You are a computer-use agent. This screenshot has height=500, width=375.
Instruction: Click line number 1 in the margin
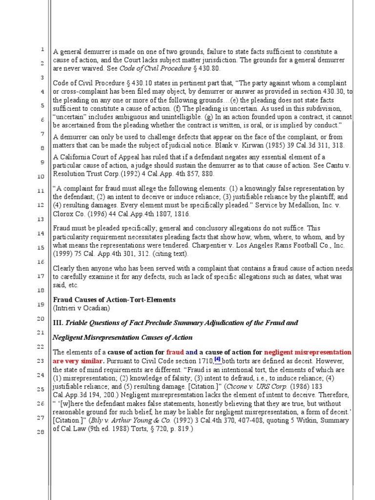[42, 49]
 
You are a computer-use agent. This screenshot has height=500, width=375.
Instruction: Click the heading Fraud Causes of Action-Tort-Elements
[114, 299]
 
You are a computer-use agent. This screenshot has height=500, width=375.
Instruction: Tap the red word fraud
[175, 352]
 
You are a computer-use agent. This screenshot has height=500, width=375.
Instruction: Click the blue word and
[191, 352]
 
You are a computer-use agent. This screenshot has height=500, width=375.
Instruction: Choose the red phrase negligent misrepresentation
[307, 352]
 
